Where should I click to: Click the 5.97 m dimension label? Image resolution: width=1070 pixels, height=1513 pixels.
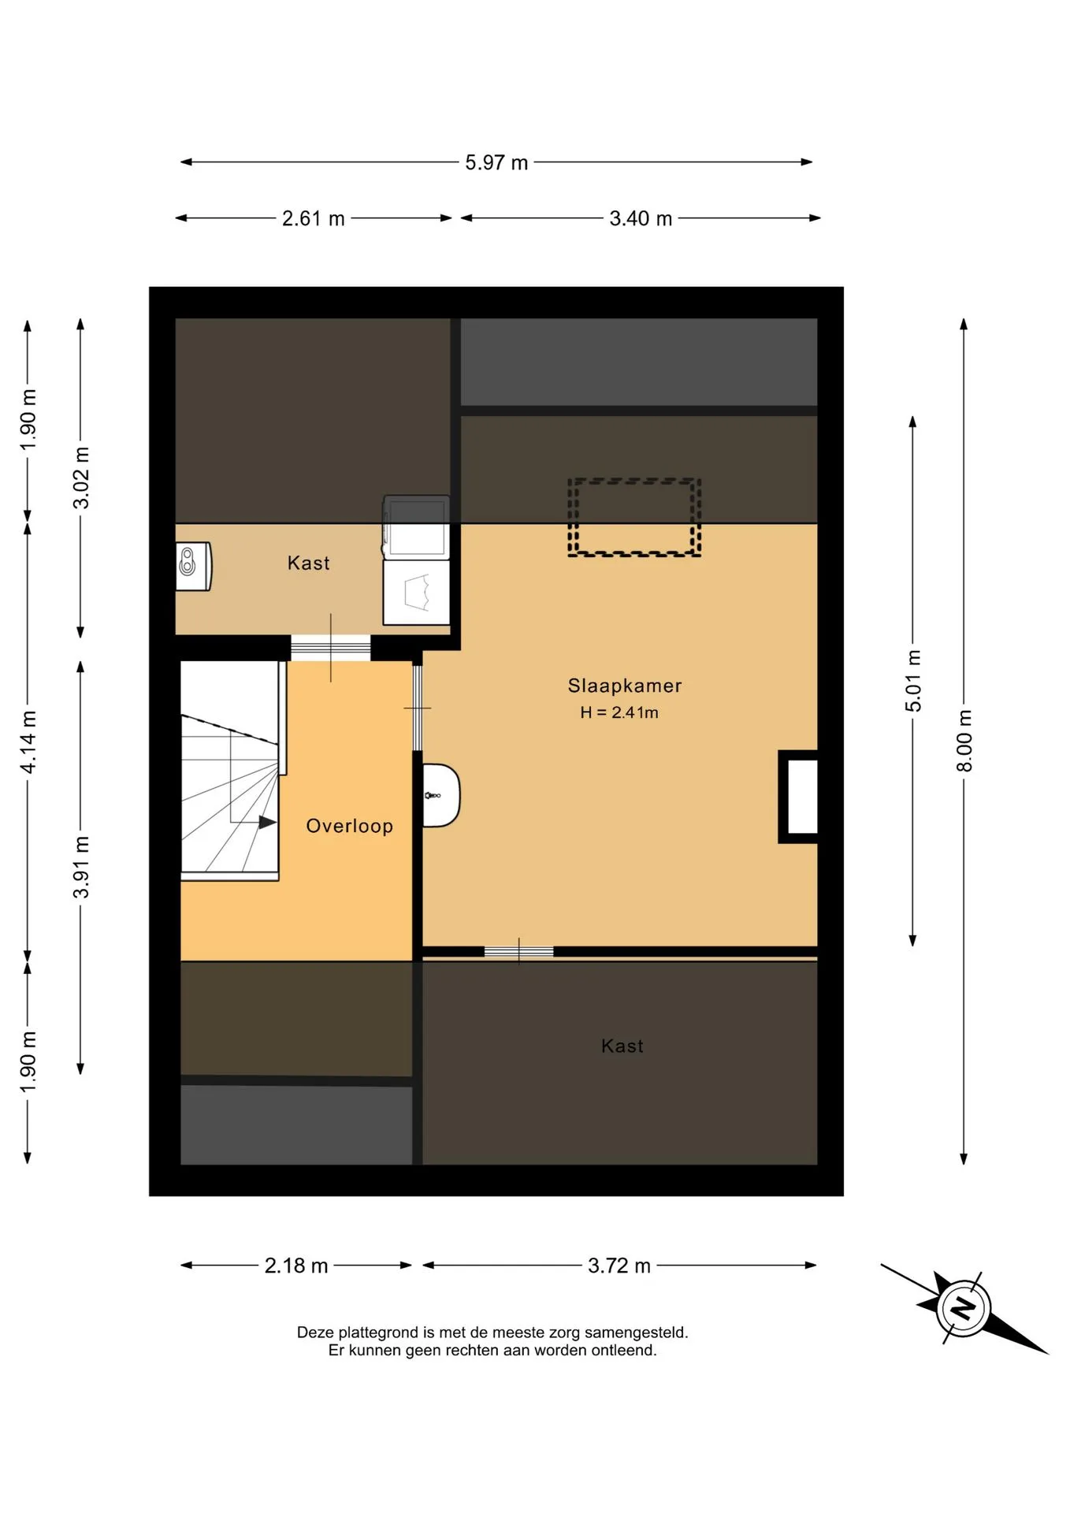(496, 162)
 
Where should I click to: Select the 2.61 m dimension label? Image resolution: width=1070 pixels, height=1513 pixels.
(314, 218)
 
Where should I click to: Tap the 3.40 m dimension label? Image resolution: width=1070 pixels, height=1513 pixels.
(641, 218)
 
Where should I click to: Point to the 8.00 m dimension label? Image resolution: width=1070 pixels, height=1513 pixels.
(964, 741)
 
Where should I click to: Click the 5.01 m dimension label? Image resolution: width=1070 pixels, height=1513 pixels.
(912, 681)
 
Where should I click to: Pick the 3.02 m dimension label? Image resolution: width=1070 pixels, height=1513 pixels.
(80, 478)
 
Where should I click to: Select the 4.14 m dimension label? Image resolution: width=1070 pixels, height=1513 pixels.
(28, 742)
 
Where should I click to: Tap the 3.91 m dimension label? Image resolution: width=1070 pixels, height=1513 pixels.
(80, 868)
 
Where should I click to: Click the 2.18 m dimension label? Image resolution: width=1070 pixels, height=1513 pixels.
(295, 1266)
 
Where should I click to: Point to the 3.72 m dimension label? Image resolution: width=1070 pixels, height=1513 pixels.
(619, 1266)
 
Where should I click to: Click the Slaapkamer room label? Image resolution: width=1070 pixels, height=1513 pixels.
(625, 686)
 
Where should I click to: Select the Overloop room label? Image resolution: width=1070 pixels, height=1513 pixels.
(349, 826)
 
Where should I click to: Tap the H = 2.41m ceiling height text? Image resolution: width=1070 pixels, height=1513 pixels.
(619, 712)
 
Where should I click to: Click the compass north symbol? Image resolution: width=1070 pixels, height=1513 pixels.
(964, 1308)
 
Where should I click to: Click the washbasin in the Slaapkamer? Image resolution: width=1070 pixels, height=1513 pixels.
(440, 795)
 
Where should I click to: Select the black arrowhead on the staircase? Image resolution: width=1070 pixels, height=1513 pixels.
(268, 822)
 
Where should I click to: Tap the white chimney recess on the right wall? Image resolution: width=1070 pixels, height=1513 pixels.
(802, 796)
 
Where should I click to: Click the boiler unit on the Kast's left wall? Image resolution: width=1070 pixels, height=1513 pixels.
(193, 566)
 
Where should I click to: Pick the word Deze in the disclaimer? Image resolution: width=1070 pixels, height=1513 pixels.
(315, 1333)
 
